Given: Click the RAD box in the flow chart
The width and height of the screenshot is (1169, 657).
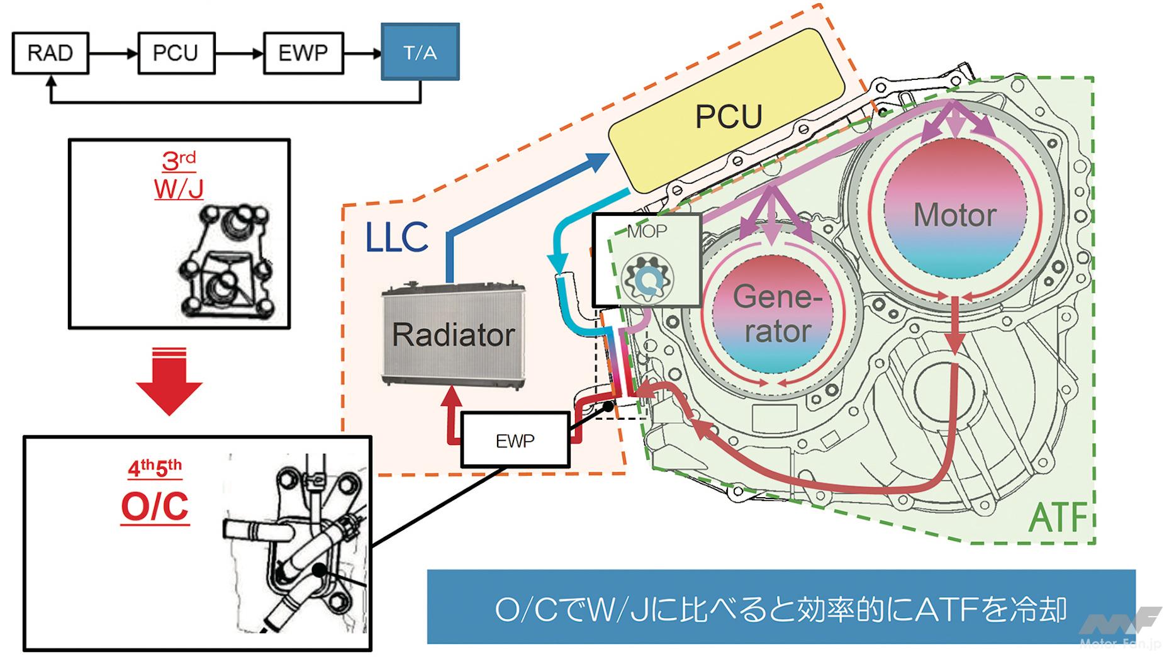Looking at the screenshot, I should [50, 53].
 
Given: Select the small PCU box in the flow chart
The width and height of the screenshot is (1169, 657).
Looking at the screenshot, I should [176, 53].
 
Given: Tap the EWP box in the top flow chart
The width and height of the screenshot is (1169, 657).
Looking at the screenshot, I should [303, 53].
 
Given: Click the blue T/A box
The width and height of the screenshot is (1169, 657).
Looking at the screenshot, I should [420, 52].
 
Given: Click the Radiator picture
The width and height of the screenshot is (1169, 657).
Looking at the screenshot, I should [454, 335].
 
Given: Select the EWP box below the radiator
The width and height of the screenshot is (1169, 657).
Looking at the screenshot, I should [515, 441].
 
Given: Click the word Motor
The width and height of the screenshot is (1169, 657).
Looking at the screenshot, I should [954, 215].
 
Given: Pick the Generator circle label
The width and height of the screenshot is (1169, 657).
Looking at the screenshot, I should [778, 313].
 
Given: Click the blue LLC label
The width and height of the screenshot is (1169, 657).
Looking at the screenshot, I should [396, 238].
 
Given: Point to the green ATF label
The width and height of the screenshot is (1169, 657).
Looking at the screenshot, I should [1060, 517].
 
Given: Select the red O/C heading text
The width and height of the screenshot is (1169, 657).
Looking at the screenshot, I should [155, 506].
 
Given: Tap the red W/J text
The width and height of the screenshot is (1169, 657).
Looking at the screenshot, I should [179, 188].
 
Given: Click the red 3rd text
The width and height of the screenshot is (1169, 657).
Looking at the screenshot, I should [179, 160].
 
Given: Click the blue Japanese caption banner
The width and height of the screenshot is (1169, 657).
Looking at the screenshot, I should [780, 607].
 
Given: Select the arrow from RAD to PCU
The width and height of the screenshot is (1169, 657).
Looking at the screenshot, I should [113, 53].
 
